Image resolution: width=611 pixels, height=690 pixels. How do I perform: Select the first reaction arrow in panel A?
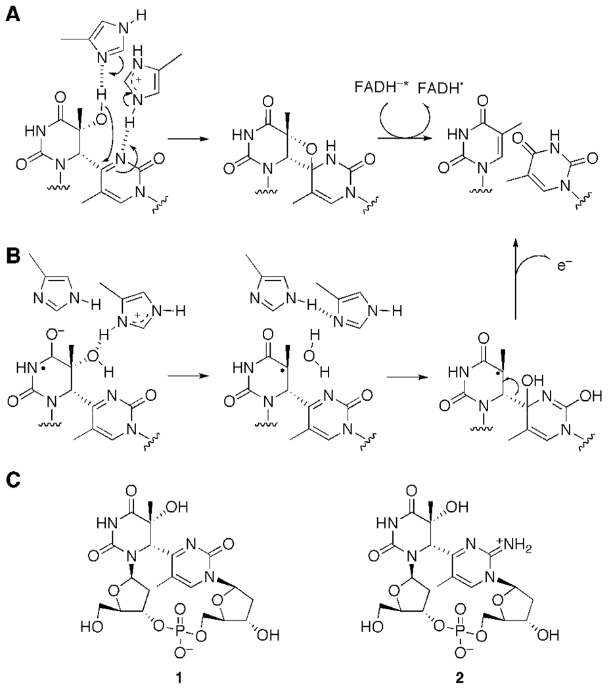185,140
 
